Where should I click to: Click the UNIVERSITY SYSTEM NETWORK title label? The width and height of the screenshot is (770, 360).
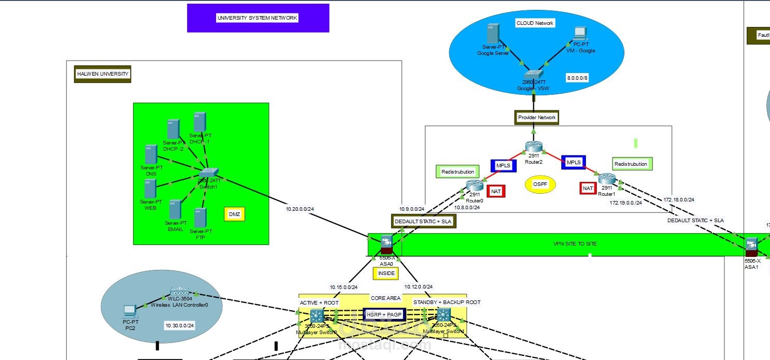point(258,18)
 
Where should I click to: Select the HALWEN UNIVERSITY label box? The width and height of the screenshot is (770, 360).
point(103,74)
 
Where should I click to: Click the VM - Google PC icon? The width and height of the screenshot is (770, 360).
point(579,34)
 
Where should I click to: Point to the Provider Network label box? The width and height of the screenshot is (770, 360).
point(537,118)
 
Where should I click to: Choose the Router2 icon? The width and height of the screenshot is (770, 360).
point(533,147)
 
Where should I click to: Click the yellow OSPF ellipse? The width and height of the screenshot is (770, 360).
point(539,184)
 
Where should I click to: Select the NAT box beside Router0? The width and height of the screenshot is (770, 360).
point(496,191)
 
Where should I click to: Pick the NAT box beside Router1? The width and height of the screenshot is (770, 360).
point(588,188)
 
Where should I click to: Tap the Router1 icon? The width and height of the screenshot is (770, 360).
point(606,179)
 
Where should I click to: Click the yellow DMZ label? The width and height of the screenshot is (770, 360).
point(235,214)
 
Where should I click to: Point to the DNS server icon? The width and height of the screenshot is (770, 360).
point(151,154)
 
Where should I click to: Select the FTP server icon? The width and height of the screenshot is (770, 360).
point(201,218)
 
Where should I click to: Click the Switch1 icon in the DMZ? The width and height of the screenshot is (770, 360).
point(210,174)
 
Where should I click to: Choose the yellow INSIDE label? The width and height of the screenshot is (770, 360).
point(386,273)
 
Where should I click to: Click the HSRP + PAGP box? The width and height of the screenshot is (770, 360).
point(384,314)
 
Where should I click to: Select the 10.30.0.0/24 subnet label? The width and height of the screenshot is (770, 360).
point(179,326)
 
